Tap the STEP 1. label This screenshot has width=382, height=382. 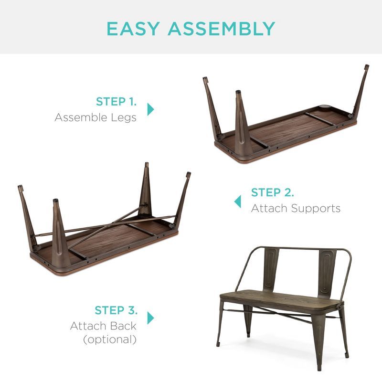[x=116, y=101]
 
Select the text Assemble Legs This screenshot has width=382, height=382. [x=95, y=117]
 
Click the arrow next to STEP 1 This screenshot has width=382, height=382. [x=151, y=109]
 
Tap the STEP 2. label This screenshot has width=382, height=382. [x=273, y=192]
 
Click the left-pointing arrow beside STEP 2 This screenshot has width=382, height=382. [x=237, y=201]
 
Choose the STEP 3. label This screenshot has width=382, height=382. [x=116, y=310]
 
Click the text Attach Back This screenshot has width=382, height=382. [x=103, y=326]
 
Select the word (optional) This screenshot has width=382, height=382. [x=110, y=340]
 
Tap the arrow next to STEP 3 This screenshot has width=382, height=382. [x=151, y=318]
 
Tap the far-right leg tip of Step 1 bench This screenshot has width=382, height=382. [x=366, y=67]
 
